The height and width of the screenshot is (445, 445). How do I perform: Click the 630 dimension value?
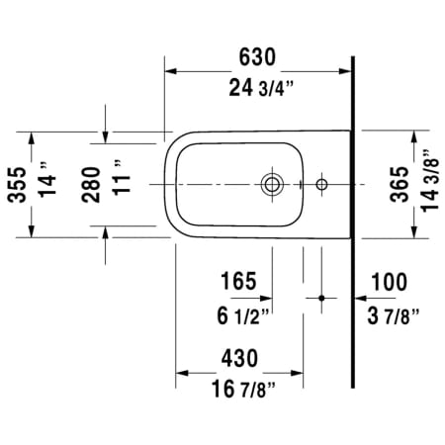[x=257, y=57]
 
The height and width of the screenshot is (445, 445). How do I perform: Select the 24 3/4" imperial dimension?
[x=261, y=88]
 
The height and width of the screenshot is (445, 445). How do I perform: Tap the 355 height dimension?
[x=17, y=185]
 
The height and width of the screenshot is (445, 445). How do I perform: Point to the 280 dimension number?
[x=91, y=185]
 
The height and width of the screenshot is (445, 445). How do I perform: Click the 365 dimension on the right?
[x=400, y=184]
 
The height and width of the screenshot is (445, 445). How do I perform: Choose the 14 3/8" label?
[x=430, y=181]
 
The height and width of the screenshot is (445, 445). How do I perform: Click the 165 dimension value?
[x=238, y=281]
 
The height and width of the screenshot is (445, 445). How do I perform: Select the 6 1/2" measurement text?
[x=243, y=315]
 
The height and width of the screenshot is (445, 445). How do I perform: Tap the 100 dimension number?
[x=389, y=282]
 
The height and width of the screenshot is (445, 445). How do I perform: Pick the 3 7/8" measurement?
[x=394, y=315]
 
